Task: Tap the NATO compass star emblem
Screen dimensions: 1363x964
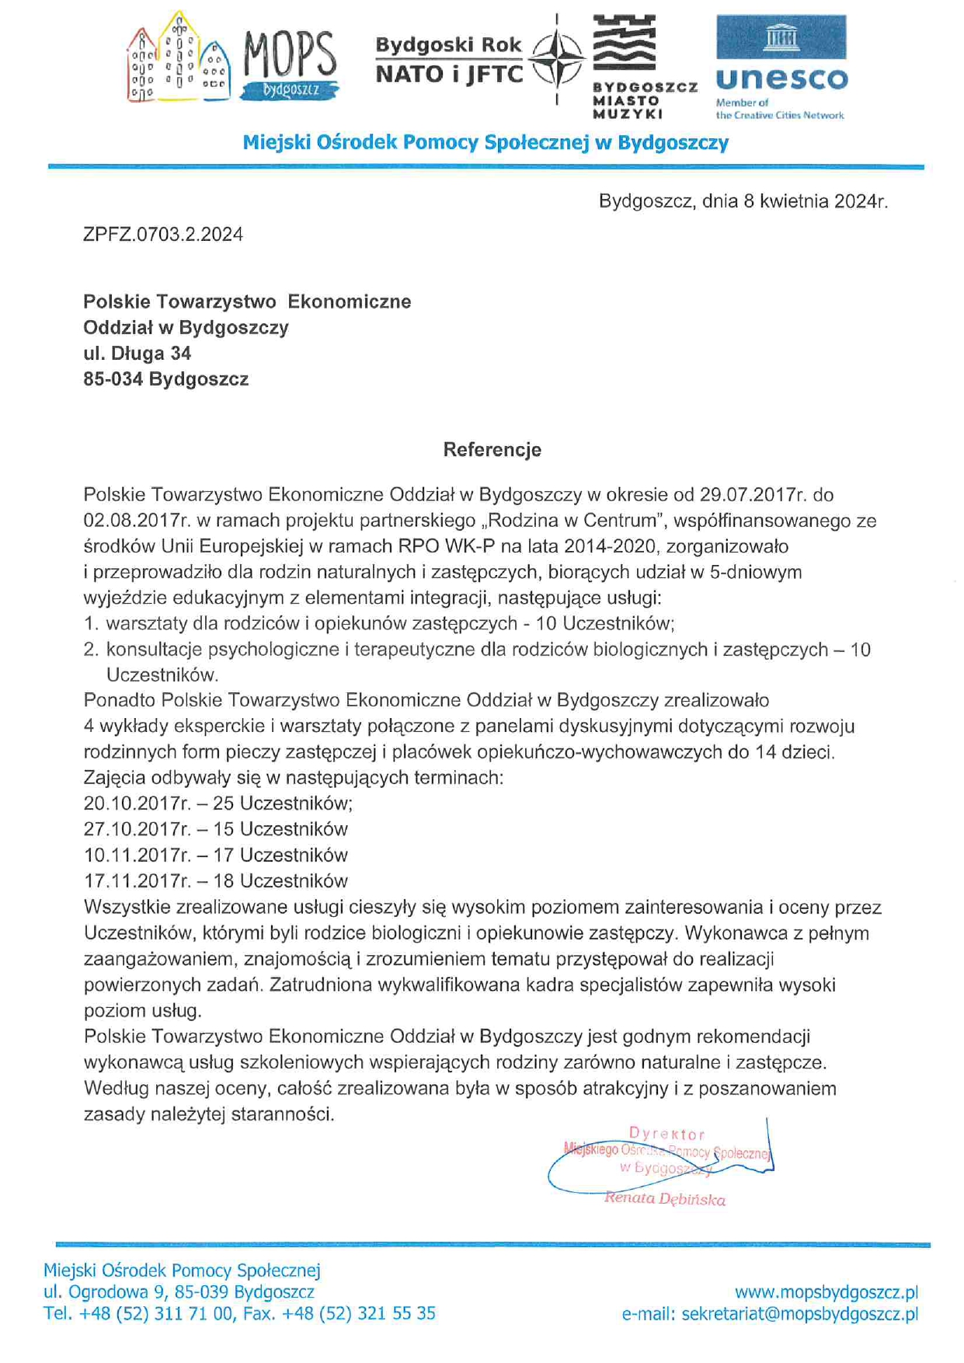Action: coord(557,58)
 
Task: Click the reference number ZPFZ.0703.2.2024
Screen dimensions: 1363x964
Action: coord(163,235)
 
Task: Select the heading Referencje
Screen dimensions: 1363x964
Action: coord(492,450)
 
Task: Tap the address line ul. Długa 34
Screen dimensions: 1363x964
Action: coord(137,354)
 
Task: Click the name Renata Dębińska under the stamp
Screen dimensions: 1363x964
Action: coord(665,1199)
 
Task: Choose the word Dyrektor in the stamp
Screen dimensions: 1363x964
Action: coord(667,1134)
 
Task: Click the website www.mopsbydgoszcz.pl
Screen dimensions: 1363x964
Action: coord(827,1292)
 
